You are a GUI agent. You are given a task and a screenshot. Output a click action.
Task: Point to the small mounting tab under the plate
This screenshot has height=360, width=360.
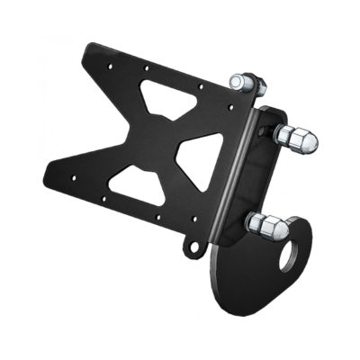click(190, 244)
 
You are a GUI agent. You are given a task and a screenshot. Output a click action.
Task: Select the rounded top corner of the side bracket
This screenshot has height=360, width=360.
click(274, 113)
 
